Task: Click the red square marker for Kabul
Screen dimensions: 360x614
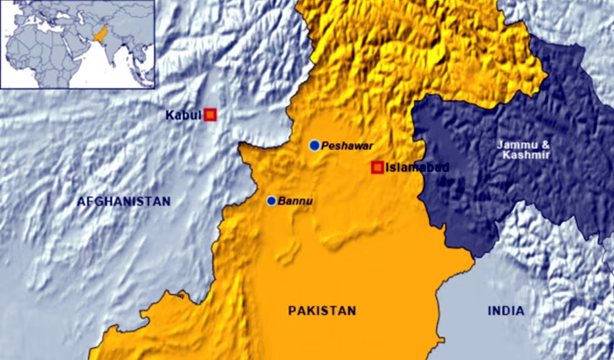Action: [210, 114]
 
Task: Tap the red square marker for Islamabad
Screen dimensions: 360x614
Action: [378, 167]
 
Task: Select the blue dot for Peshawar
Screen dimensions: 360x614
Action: [314, 146]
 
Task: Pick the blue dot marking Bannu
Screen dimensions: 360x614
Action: [271, 201]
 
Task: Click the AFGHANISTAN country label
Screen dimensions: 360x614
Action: [124, 202]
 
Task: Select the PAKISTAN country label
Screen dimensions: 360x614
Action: [322, 310]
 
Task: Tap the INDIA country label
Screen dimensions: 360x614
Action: [506, 311]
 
